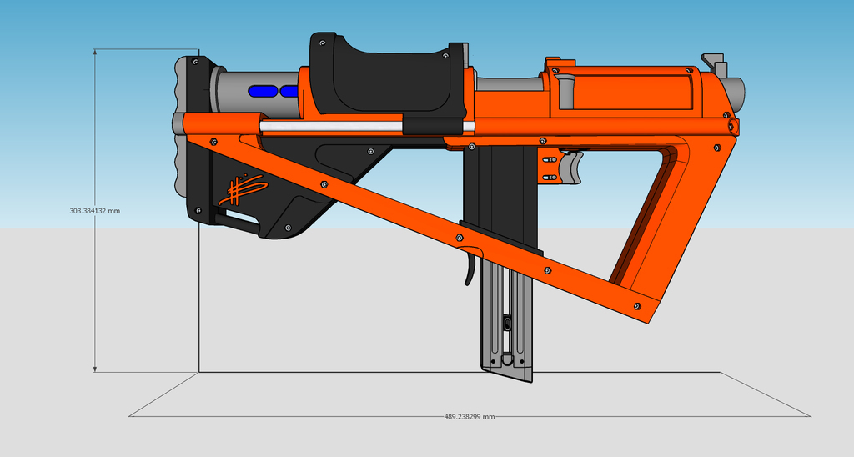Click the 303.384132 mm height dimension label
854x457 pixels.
point(94,211)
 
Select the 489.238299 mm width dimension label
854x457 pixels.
point(469,416)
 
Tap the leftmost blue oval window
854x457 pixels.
point(264,90)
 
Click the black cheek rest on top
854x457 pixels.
point(384,79)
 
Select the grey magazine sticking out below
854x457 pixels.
point(505,325)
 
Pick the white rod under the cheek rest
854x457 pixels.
point(334,126)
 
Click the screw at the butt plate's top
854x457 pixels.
point(195,62)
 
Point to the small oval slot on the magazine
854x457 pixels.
point(506,322)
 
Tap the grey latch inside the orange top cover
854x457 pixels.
point(565,88)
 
